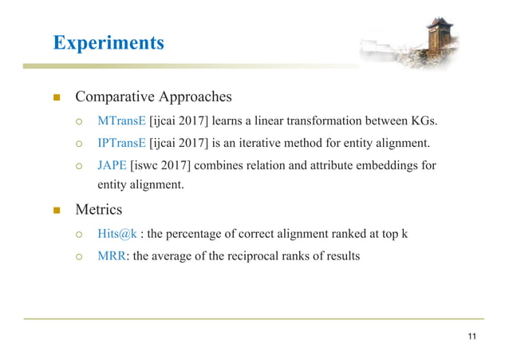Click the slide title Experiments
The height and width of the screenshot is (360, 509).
pyautogui.click(x=108, y=42)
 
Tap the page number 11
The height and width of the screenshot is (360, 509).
pyautogui.click(x=472, y=335)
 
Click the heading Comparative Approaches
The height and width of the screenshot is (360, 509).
pyautogui.click(x=153, y=97)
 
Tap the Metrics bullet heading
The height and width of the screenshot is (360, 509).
pyautogui.click(x=98, y=211)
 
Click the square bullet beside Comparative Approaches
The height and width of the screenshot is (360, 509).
pyautogui.click(x=57, y=98)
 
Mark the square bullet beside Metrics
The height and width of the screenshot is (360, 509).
pyautogui.click(x=57, y=212)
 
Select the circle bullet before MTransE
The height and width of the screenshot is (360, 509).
pyautogui.click(x=80, y=122)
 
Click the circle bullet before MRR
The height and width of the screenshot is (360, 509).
pyautogui.click(x=80, y=256)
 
